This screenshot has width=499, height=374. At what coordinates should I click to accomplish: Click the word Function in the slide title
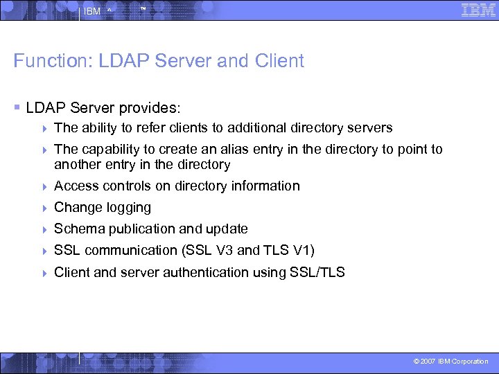43,61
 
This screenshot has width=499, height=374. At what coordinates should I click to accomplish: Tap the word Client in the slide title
279,61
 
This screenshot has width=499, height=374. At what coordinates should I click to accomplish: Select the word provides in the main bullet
148,108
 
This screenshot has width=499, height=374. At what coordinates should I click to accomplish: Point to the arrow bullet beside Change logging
44,208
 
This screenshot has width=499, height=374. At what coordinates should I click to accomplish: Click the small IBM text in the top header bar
91,12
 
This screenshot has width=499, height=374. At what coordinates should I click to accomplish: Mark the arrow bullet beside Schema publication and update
44,229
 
